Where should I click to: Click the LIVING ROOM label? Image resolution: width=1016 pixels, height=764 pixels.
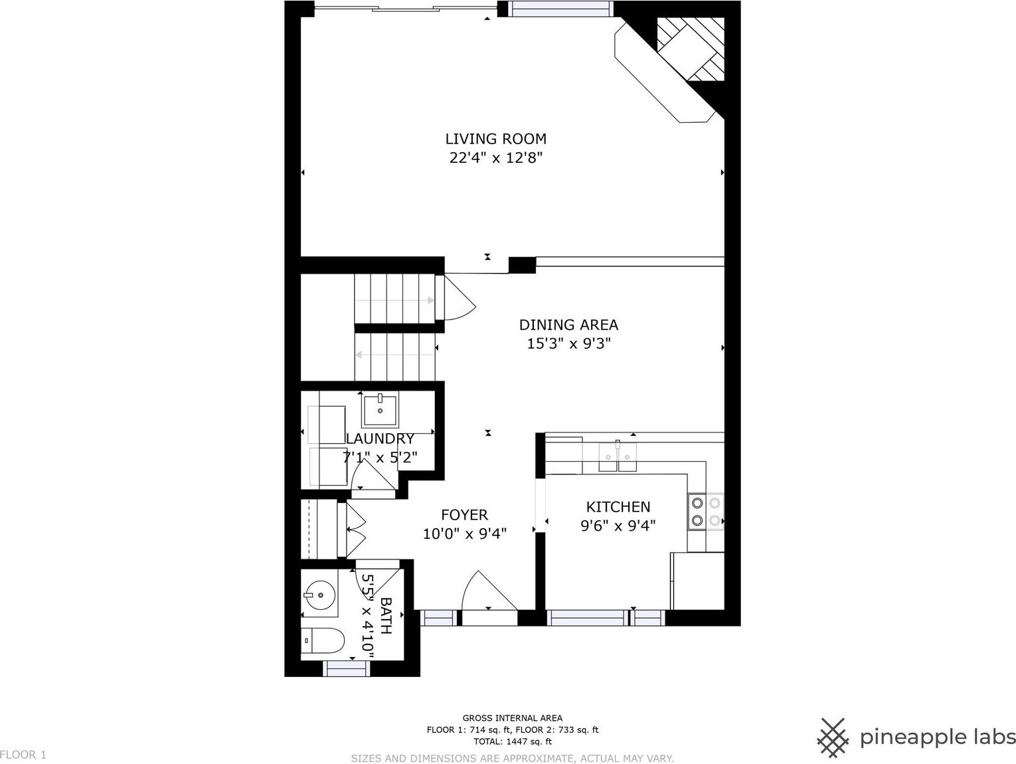click(x=496, y=139)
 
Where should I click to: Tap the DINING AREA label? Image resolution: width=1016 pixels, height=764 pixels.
click(x=568, y=325)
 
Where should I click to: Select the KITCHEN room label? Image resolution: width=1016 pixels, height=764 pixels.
click(x=618, y=507)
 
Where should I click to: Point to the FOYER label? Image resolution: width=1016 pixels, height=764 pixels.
click(x=464, y=515)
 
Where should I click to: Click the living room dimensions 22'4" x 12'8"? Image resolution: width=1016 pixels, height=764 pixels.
click(x=496, y=158)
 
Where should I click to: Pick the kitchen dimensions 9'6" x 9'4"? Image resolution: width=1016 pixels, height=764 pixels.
click(x=618, y=526)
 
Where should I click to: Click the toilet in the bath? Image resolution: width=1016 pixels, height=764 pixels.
click(x=323, y=640)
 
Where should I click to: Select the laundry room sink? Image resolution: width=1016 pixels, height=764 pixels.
click(x=380, y=411)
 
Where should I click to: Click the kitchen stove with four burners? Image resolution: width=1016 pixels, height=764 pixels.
click(x=705, y=511)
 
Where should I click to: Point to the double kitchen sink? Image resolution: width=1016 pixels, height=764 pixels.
click(x=618, y=456)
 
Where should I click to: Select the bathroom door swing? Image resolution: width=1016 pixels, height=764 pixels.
click(x=376, y=581)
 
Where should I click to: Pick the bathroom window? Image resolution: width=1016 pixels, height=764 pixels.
click(x=346, y=668)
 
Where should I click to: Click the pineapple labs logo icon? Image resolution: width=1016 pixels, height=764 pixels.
click(x=833, y=737)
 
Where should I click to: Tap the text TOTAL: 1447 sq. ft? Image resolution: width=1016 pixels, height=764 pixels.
click(x=513, y=741)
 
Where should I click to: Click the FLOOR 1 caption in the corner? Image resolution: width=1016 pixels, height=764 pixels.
click(x=23, y=755)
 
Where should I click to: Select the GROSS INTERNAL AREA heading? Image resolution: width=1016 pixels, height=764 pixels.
click(x=513, y=718)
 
